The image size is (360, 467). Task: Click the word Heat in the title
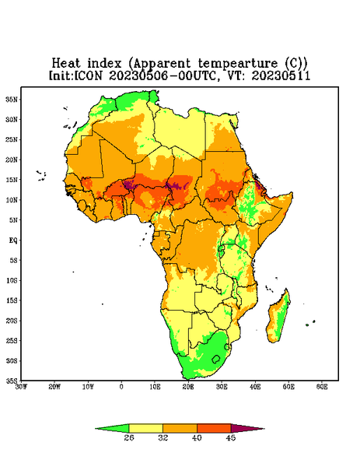click(66, 63)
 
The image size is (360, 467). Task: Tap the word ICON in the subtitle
click(88, 75)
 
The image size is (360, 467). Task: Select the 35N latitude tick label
click(12, 99)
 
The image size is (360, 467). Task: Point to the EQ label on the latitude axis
click(13, 240)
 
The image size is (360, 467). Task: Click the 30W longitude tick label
click(21, 387)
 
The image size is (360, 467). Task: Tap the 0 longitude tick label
click(121, 387)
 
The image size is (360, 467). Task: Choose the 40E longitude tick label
click(255, 387)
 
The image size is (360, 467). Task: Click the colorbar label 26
click(129, 437)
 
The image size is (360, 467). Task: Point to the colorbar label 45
click(231, 437)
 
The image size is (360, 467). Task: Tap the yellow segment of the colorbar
click(145, 428)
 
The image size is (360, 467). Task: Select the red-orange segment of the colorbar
click(214, 428)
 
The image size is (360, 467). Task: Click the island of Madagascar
click(278, 318)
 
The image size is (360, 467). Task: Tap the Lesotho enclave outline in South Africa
click(216, 359)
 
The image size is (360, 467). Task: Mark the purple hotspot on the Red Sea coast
click(258, 186)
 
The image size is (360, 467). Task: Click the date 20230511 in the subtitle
click(281, 75)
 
